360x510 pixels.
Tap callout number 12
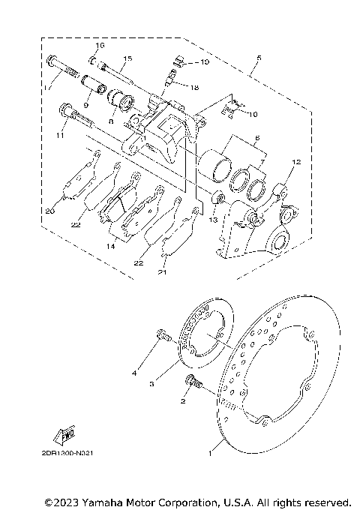click(295, 162)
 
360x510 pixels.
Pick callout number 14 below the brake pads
click(111, 245)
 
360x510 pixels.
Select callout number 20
click(49, 211)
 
